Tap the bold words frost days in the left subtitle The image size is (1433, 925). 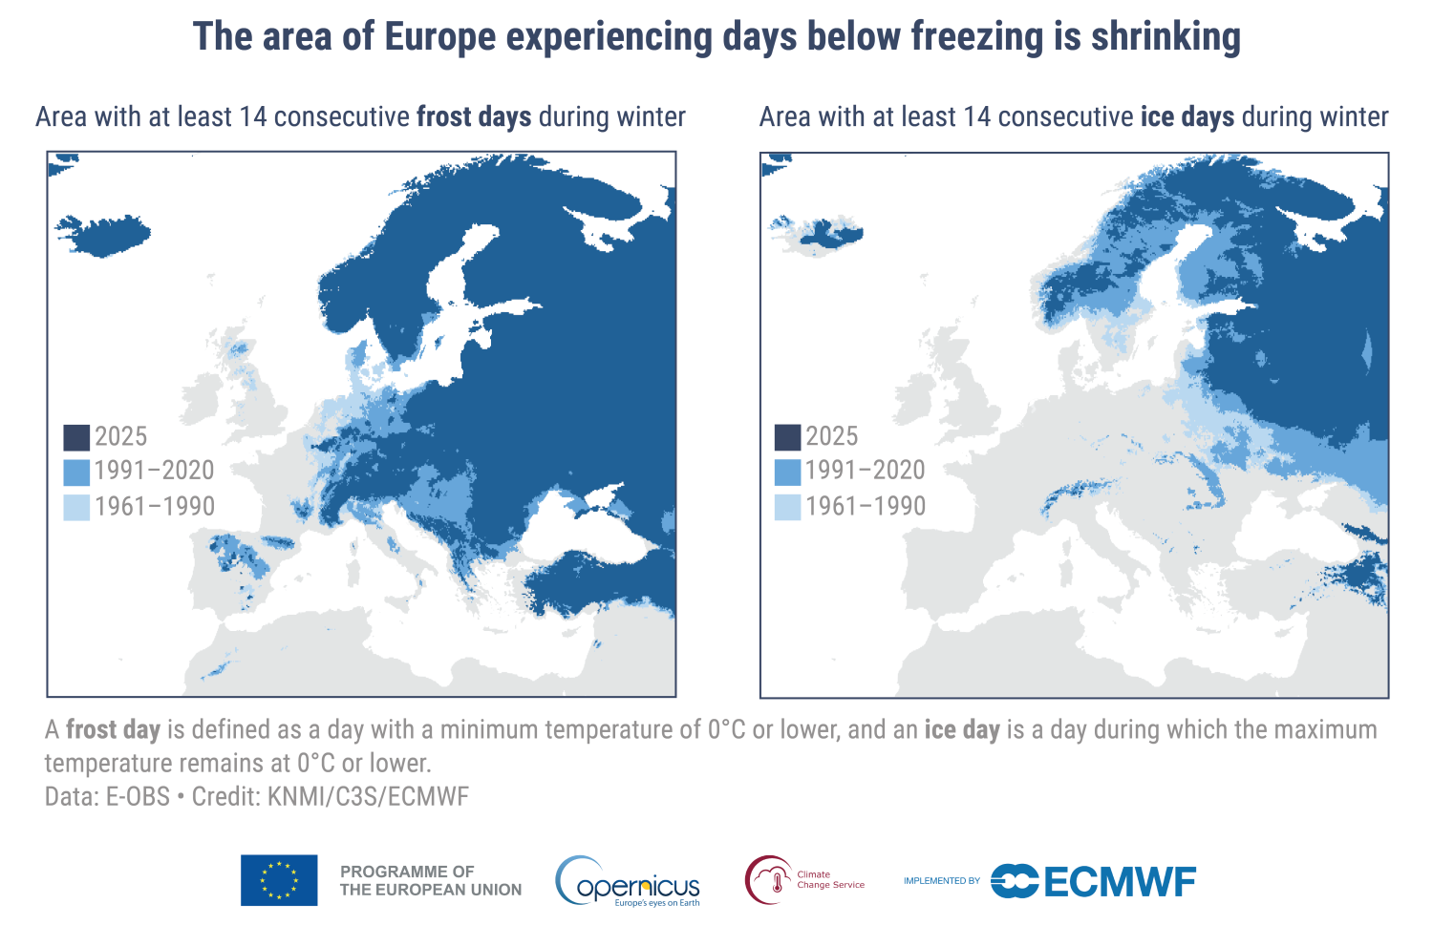pos(474,117)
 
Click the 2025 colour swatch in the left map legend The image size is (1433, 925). pos(76,437)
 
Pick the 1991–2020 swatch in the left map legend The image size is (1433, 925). pos(76,472)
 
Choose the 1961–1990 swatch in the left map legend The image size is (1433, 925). pos(76,507)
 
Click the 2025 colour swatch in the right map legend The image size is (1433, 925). pos(787,437)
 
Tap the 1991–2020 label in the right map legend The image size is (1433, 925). pos(865,471)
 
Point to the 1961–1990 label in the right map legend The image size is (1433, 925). pos(865,506)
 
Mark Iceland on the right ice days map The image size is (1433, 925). pos(817,234)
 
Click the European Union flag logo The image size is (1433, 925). pos(279,880)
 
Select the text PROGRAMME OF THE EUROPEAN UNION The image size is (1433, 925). pos(430,880)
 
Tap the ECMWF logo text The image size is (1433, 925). pos(1119,881)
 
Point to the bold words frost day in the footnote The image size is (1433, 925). pos(113,730)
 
